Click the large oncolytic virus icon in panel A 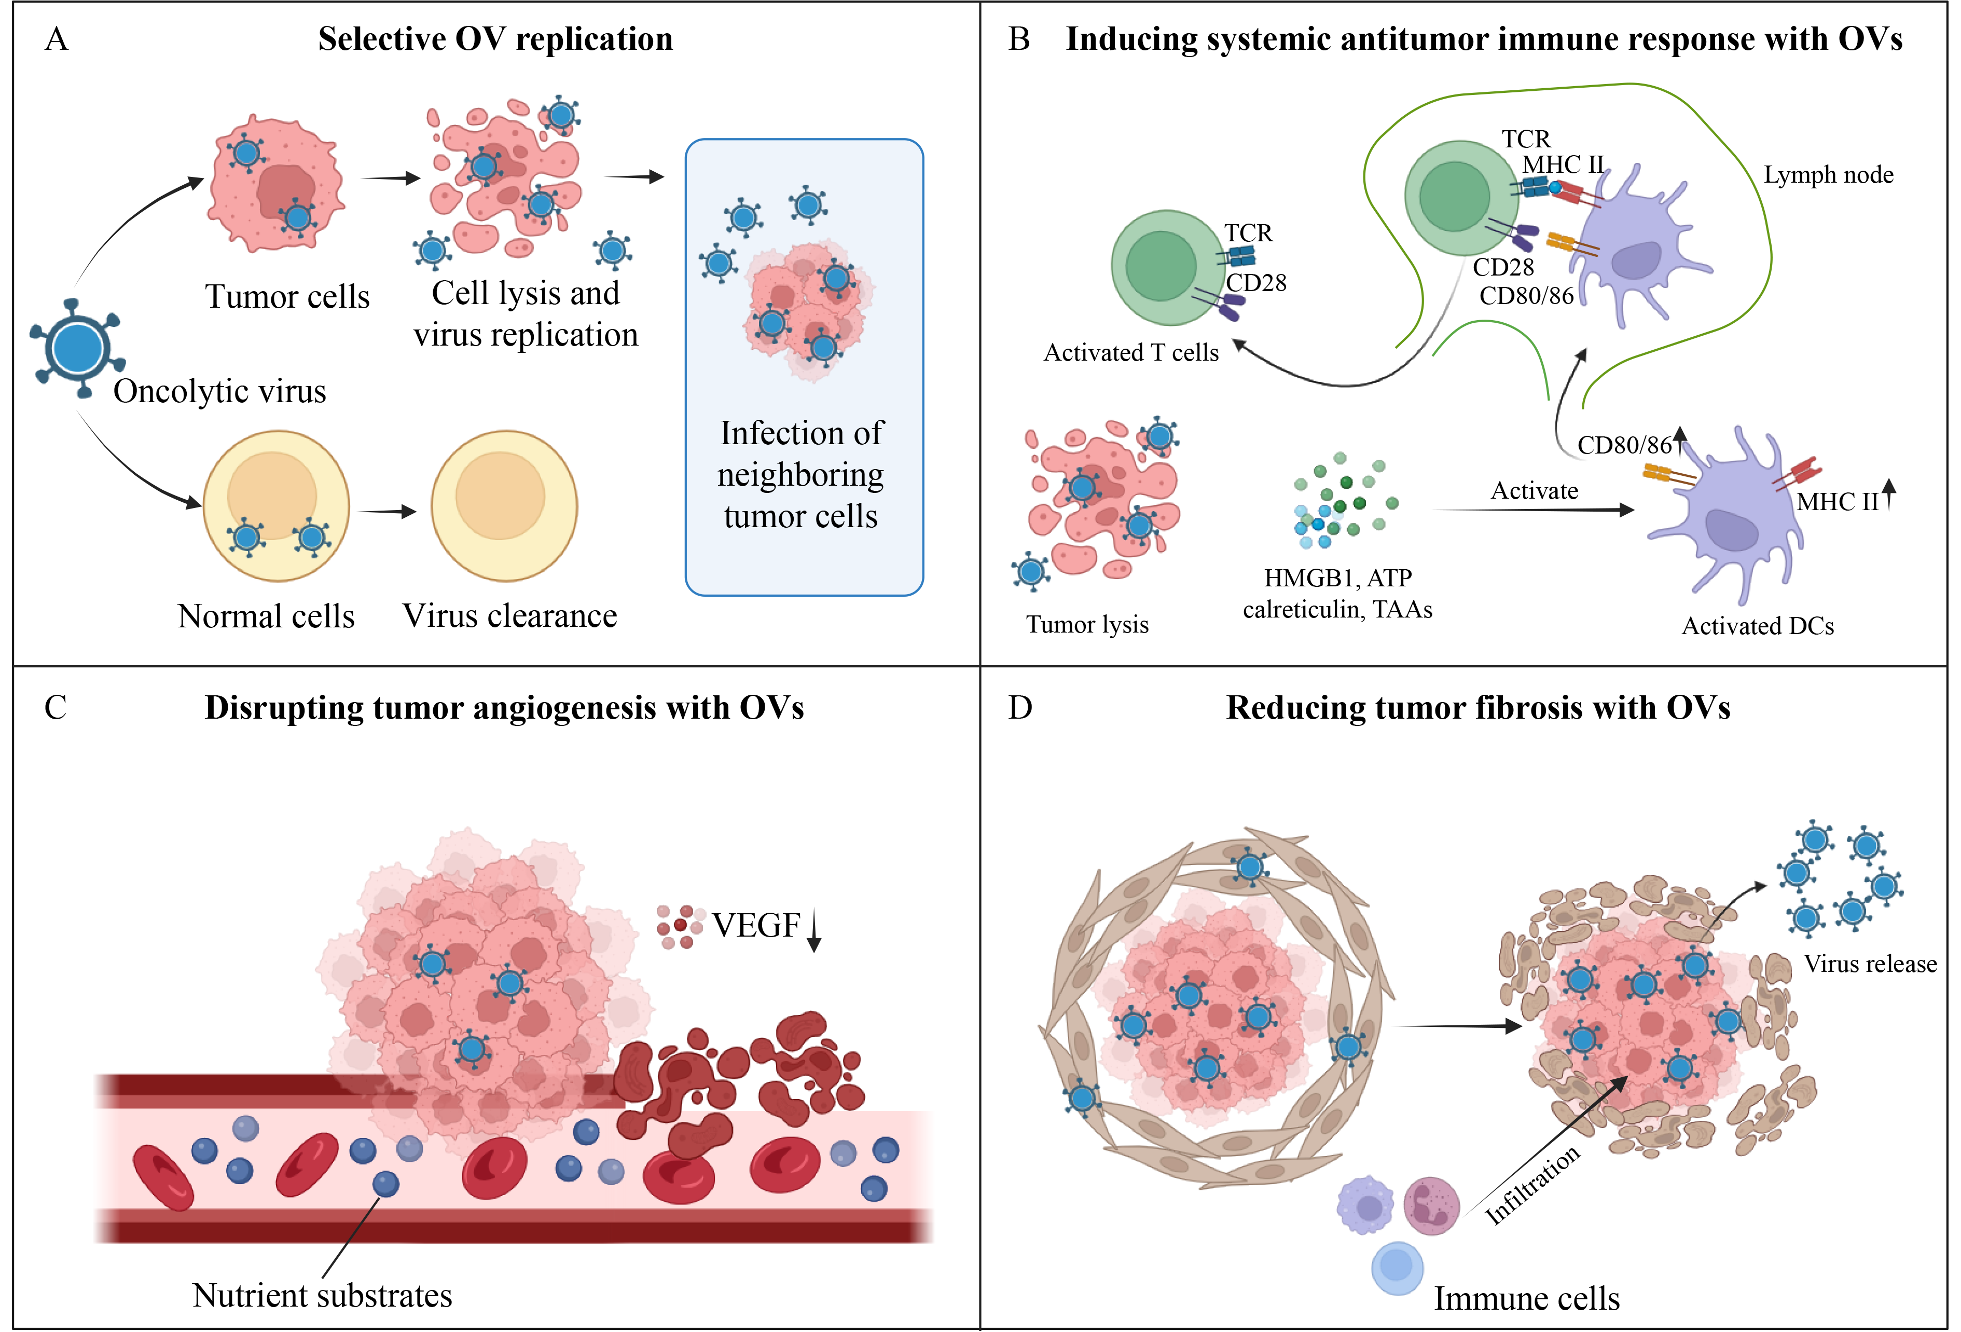[78, 348]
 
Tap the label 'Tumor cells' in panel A [287, 297]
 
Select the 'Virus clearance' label [509, 616]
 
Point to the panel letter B [1019, 39]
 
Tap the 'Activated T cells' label [1131, 353]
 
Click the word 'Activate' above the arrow [1534, 490]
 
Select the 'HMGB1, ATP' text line [1337, 578]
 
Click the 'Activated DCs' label [1758, 626]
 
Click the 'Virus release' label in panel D [1870, 964]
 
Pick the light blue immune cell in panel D [1397, 1268]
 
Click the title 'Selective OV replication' [495, 39]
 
